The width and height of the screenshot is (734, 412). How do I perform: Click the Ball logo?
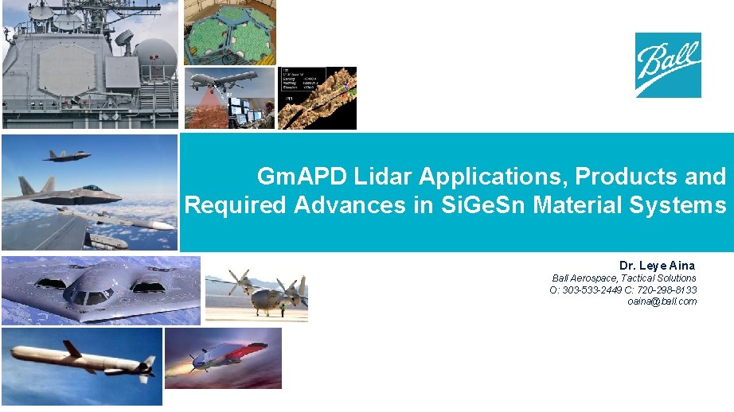667,64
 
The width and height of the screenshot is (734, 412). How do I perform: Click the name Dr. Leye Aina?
657,265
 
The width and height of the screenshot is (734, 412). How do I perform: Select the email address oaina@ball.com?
662,301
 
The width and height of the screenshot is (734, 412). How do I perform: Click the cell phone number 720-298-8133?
669,290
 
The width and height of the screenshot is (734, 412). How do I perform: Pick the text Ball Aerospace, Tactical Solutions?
624,278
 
